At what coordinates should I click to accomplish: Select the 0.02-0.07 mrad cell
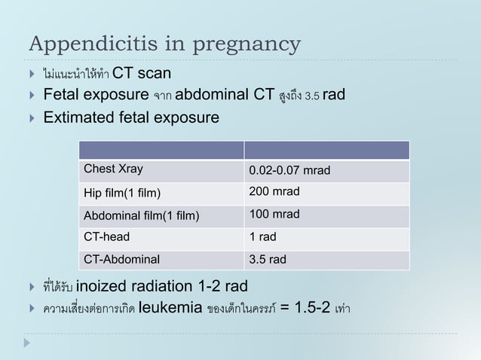point(290,169)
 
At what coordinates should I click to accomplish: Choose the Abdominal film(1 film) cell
point(141,215)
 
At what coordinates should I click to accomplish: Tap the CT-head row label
point(106,237)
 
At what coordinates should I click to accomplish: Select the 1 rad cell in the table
point(262,237)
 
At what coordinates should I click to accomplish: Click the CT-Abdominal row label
point(121,261)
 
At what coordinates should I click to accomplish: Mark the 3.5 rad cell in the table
point(268,261)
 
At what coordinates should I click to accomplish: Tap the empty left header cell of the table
point(158,149)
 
